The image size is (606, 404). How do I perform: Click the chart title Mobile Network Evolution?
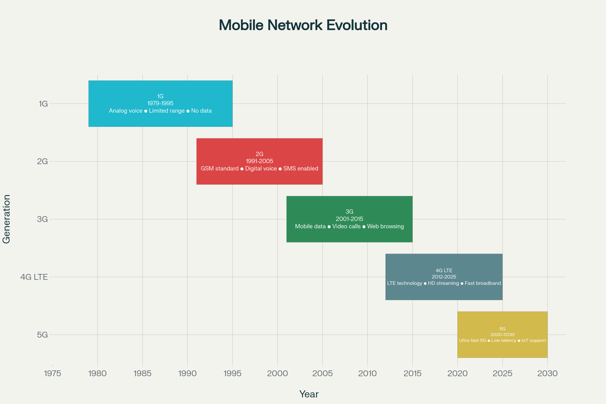(x=303, y=25)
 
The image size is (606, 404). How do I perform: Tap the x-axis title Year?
(x=309, y=394)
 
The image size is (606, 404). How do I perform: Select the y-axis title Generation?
(x=7, y=219)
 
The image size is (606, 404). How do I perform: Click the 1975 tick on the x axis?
(x=52, y=373)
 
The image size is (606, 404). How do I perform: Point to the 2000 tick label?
(x=277, y=373)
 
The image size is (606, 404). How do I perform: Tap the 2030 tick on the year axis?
(x=547, y=373)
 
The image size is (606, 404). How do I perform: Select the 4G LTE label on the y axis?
(x=34, y=277)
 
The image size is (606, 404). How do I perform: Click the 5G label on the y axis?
(x=42, y=335)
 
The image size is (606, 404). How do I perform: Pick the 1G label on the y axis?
(x=43, y=104)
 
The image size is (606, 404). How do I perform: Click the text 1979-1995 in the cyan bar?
(x=160, y=103)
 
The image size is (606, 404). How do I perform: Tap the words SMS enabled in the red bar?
(x=301, y=169)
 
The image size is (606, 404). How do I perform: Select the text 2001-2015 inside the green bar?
(x=349, y=219)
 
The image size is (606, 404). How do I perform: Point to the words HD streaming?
(x=443, y=283)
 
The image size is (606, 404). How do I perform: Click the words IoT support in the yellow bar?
(x=534, y=341)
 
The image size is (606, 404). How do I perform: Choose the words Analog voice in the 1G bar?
(x=125, y=111)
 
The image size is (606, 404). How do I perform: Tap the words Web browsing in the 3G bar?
(x=385, y=226)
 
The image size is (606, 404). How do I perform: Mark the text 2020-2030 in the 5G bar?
(x=502, y=335)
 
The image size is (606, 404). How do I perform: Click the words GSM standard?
(x=219, y=169)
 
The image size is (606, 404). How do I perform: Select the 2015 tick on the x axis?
(x=412, y=373)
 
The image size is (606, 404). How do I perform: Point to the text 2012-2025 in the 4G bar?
(x=444, y=277)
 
